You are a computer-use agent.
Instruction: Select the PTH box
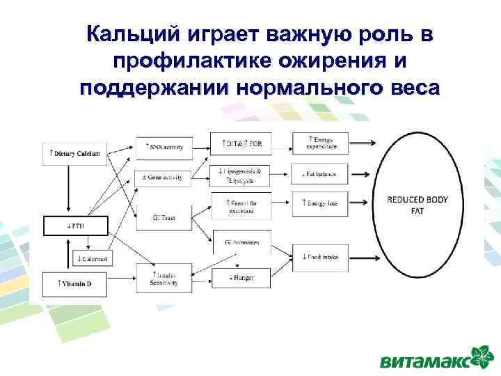point(76,226)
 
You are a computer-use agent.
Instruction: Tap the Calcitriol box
point(93,259)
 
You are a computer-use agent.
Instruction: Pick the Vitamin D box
point(76,283)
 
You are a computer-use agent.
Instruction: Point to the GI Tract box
point(164,218)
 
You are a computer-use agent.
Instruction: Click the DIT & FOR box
point(241,144)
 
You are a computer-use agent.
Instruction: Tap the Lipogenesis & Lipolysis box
point(241,175)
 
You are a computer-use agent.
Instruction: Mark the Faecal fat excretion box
point(241,205)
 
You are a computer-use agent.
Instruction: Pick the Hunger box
point(241,277)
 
